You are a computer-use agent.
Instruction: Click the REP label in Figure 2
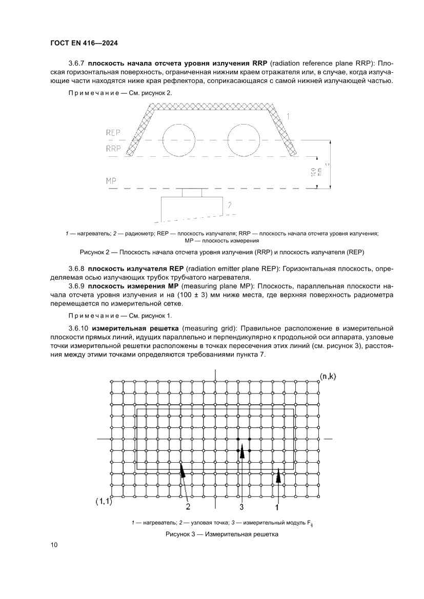tap(113, 133)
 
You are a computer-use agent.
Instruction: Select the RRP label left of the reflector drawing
tap(113, 149)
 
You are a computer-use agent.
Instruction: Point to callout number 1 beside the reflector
tap(288, 117)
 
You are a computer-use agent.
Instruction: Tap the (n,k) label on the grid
tap(328, 377)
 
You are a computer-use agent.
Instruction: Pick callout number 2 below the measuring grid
tap(188, 507)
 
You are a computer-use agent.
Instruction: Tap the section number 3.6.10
tap(78, 327)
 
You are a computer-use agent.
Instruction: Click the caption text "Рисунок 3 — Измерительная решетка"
tap(221, 534)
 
